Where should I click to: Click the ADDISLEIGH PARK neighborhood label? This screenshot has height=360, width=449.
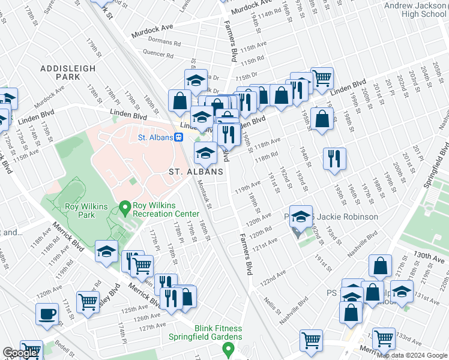point(68,73)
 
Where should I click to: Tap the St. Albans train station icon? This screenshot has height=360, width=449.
point(178,137)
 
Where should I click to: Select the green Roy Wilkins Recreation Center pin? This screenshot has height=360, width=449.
point(125,208)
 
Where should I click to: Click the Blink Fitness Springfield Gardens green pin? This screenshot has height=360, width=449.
point(228,349)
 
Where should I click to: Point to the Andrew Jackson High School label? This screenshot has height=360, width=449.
point(415,10)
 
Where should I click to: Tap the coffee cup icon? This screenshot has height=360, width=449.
point(47,314)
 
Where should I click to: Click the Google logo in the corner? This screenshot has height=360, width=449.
point(20,353)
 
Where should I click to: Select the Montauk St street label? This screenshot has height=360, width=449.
point(205,195)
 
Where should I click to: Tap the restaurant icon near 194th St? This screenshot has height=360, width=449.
point(333,158)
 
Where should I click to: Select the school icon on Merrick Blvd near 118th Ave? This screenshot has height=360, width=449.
point(106,251)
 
